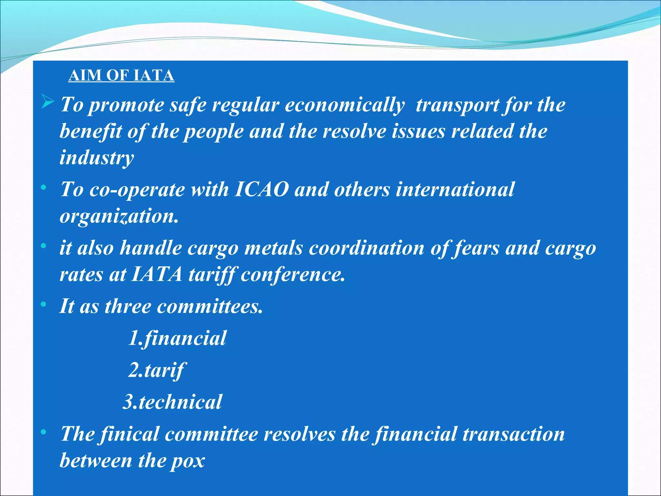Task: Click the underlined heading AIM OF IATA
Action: coord(121,76)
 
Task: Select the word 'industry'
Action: coord(97,158)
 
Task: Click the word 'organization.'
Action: coord(119,216)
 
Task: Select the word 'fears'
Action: coord(476,248)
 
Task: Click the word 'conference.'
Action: coord(293,275)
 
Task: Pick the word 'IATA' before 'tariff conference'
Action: coord(158,275)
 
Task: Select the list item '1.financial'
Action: coord(177,339)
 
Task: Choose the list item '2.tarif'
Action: coord(157,370)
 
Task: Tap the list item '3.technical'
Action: coord(172,402)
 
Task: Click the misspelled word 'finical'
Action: coord(129,434)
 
